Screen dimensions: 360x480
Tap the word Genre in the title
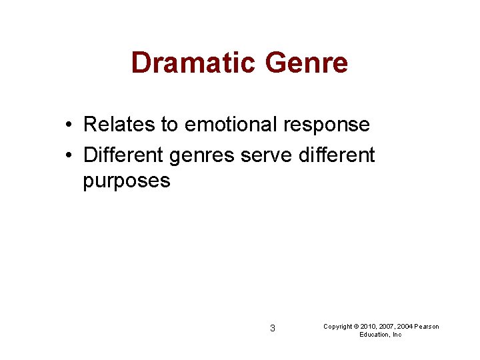pyautogui.click(x=307, y=63)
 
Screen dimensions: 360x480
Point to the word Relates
pyautogui.click(x=119, y=124)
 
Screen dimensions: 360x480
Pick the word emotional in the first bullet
pyautogui.click(x=226, y=124)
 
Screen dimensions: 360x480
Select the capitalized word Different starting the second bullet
pyautogui.click(x=123, y=155)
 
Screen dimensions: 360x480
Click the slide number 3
pyautogui.click(x=272, y=328)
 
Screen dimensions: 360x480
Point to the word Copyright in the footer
pyautogui.click(x=338, y=327)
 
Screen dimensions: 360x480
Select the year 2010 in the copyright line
pyautogui.click(x=368, y=327)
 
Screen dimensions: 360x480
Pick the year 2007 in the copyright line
pyautogui.click(x=386, y=327)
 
